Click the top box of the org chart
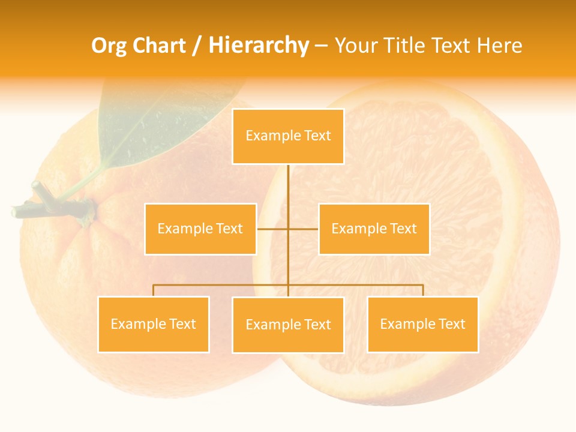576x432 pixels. click(x=288, y=136)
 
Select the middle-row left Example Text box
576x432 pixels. click(x=200, y=229)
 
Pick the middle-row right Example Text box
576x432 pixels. click(x=374, y=229)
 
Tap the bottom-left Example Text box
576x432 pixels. click(x=154, y=324)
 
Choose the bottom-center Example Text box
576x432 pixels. click(x=288, y=325)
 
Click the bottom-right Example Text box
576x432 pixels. click(x=422, y=324)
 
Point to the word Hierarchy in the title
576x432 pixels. click(x=258, y=46)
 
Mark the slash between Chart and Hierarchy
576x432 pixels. click(x=197, y=46)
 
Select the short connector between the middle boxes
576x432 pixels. click(x=273, y=229)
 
